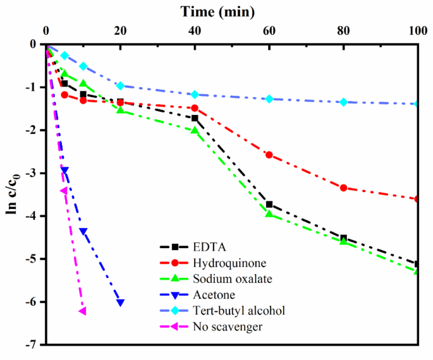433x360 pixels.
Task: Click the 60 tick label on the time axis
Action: coord(269,31)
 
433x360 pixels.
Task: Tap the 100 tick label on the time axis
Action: coord(417,31)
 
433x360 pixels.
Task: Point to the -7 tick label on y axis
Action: coord(30,345)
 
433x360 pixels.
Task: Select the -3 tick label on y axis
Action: coord(30,173)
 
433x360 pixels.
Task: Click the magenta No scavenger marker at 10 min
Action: coord(82,311)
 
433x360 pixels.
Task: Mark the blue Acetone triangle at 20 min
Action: coord(120,303)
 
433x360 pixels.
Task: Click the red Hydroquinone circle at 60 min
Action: coord(269,155)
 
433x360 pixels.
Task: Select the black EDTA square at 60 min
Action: coord(269,204)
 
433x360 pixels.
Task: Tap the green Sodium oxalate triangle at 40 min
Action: coord(195,130)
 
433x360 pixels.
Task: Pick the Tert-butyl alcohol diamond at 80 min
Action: coord(344,102)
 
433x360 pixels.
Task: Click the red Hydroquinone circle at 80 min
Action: coord(344,188)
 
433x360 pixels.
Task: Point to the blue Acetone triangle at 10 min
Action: coord(83,231)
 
